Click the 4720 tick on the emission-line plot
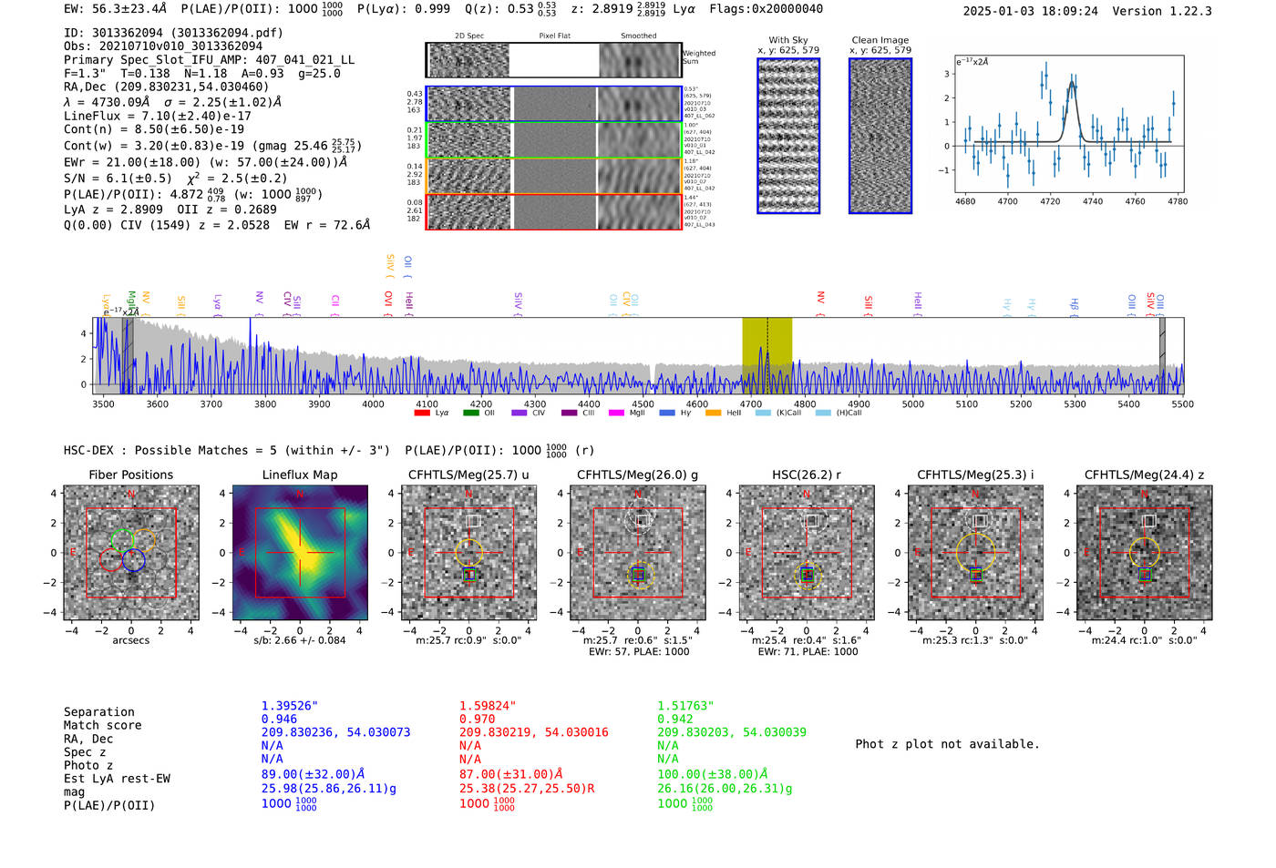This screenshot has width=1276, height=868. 1050,201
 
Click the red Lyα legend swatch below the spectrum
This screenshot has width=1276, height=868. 422,413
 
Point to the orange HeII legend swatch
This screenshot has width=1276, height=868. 713,413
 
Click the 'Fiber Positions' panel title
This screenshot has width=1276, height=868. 130,475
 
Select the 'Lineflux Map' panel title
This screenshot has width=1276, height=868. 299,475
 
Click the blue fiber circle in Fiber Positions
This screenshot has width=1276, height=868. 133,560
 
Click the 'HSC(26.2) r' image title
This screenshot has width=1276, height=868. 806,475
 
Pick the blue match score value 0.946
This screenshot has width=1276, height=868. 279,720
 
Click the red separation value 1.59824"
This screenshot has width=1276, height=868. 487,706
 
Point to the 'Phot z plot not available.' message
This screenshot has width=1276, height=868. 947,744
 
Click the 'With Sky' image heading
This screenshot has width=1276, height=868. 788,40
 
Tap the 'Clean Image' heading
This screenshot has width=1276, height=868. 880,40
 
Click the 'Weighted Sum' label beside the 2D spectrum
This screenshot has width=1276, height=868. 699,57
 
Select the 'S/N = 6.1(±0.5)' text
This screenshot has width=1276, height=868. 118,179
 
